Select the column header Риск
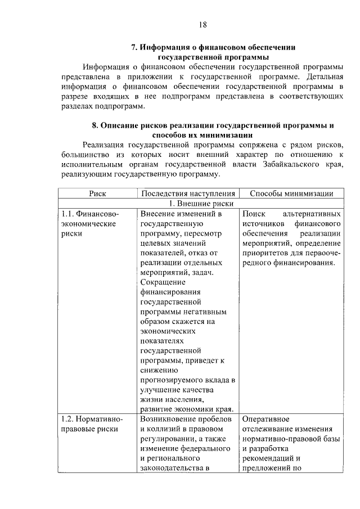click(98, 193)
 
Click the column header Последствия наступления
click(188, 193)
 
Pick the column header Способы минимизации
click(290, 193)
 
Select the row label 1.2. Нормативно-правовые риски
click(89, 425)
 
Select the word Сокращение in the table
click(163, 284)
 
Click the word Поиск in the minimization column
click(253, 214)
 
